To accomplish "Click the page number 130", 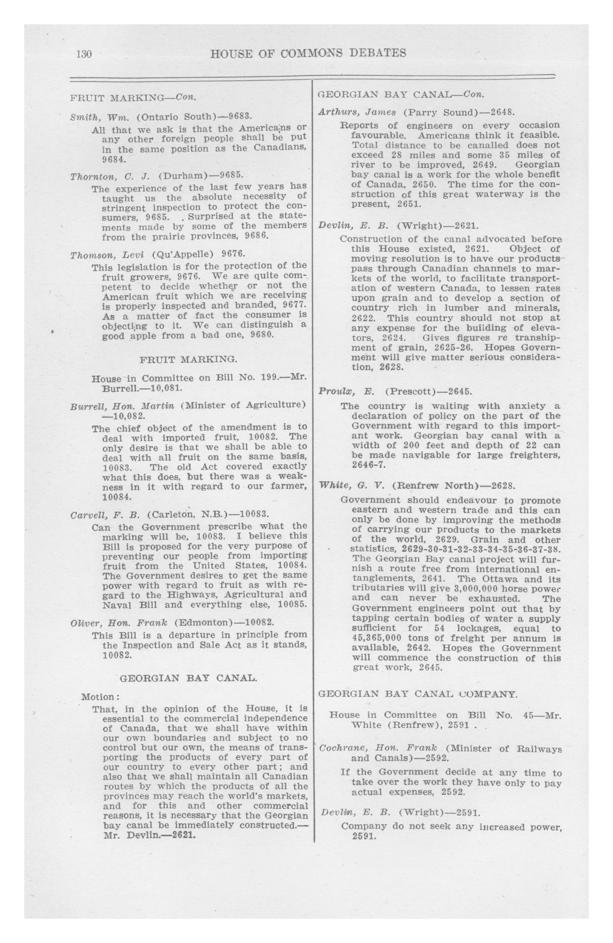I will (x=84, y=54).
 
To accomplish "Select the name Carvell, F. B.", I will (x=105, y=515).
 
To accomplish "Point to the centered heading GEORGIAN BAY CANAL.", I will (x=188, y=678).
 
